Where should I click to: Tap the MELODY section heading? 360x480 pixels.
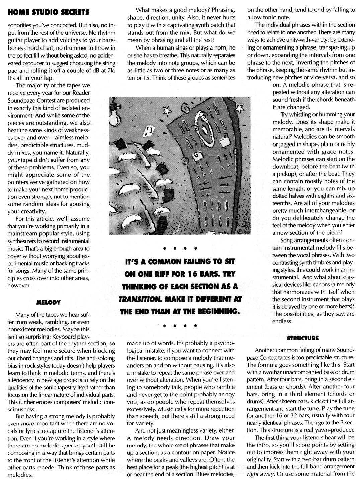tap(50, 302)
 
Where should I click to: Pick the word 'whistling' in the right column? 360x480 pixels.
tap(300, 115)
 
